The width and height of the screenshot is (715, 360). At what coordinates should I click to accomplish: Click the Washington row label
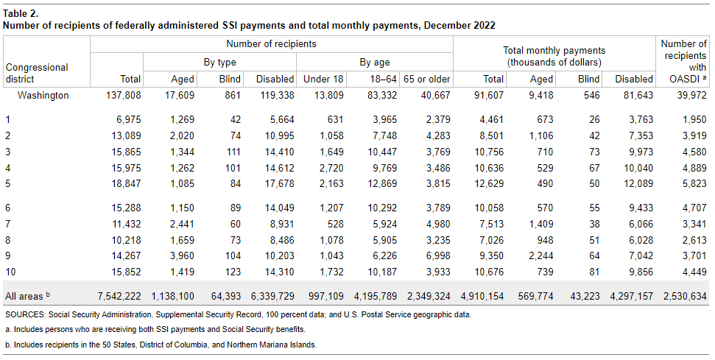point(43,95)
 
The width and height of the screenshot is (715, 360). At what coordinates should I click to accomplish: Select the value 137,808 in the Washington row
point(124,95)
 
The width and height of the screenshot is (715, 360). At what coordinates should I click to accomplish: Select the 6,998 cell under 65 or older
point(435,257)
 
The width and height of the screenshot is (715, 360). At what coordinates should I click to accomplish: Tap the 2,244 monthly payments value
point(538,257)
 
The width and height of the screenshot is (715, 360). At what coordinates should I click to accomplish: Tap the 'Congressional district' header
point(36,73)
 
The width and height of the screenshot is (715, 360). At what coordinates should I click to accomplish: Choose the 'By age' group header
point(374,63)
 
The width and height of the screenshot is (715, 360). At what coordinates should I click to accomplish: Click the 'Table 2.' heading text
point(21,13)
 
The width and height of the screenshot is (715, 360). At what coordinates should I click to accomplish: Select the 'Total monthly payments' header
point(554,56)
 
